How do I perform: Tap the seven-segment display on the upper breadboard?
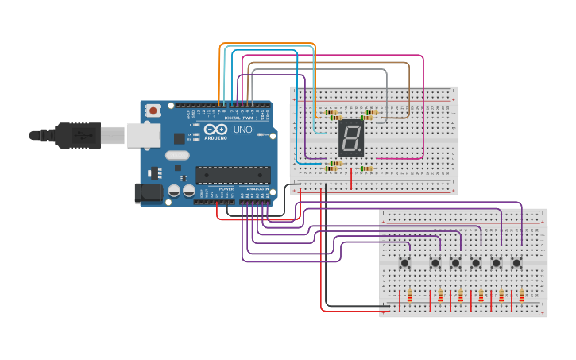[350, 138]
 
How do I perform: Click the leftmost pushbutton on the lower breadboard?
[405, 262]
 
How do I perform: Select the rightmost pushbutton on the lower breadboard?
[516, 262]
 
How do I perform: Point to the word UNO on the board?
[242, 130]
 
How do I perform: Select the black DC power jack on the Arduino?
[148, 193]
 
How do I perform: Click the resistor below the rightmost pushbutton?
[521, 296]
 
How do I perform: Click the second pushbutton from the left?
[435, 262]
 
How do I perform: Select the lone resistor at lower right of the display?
[366, 168]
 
